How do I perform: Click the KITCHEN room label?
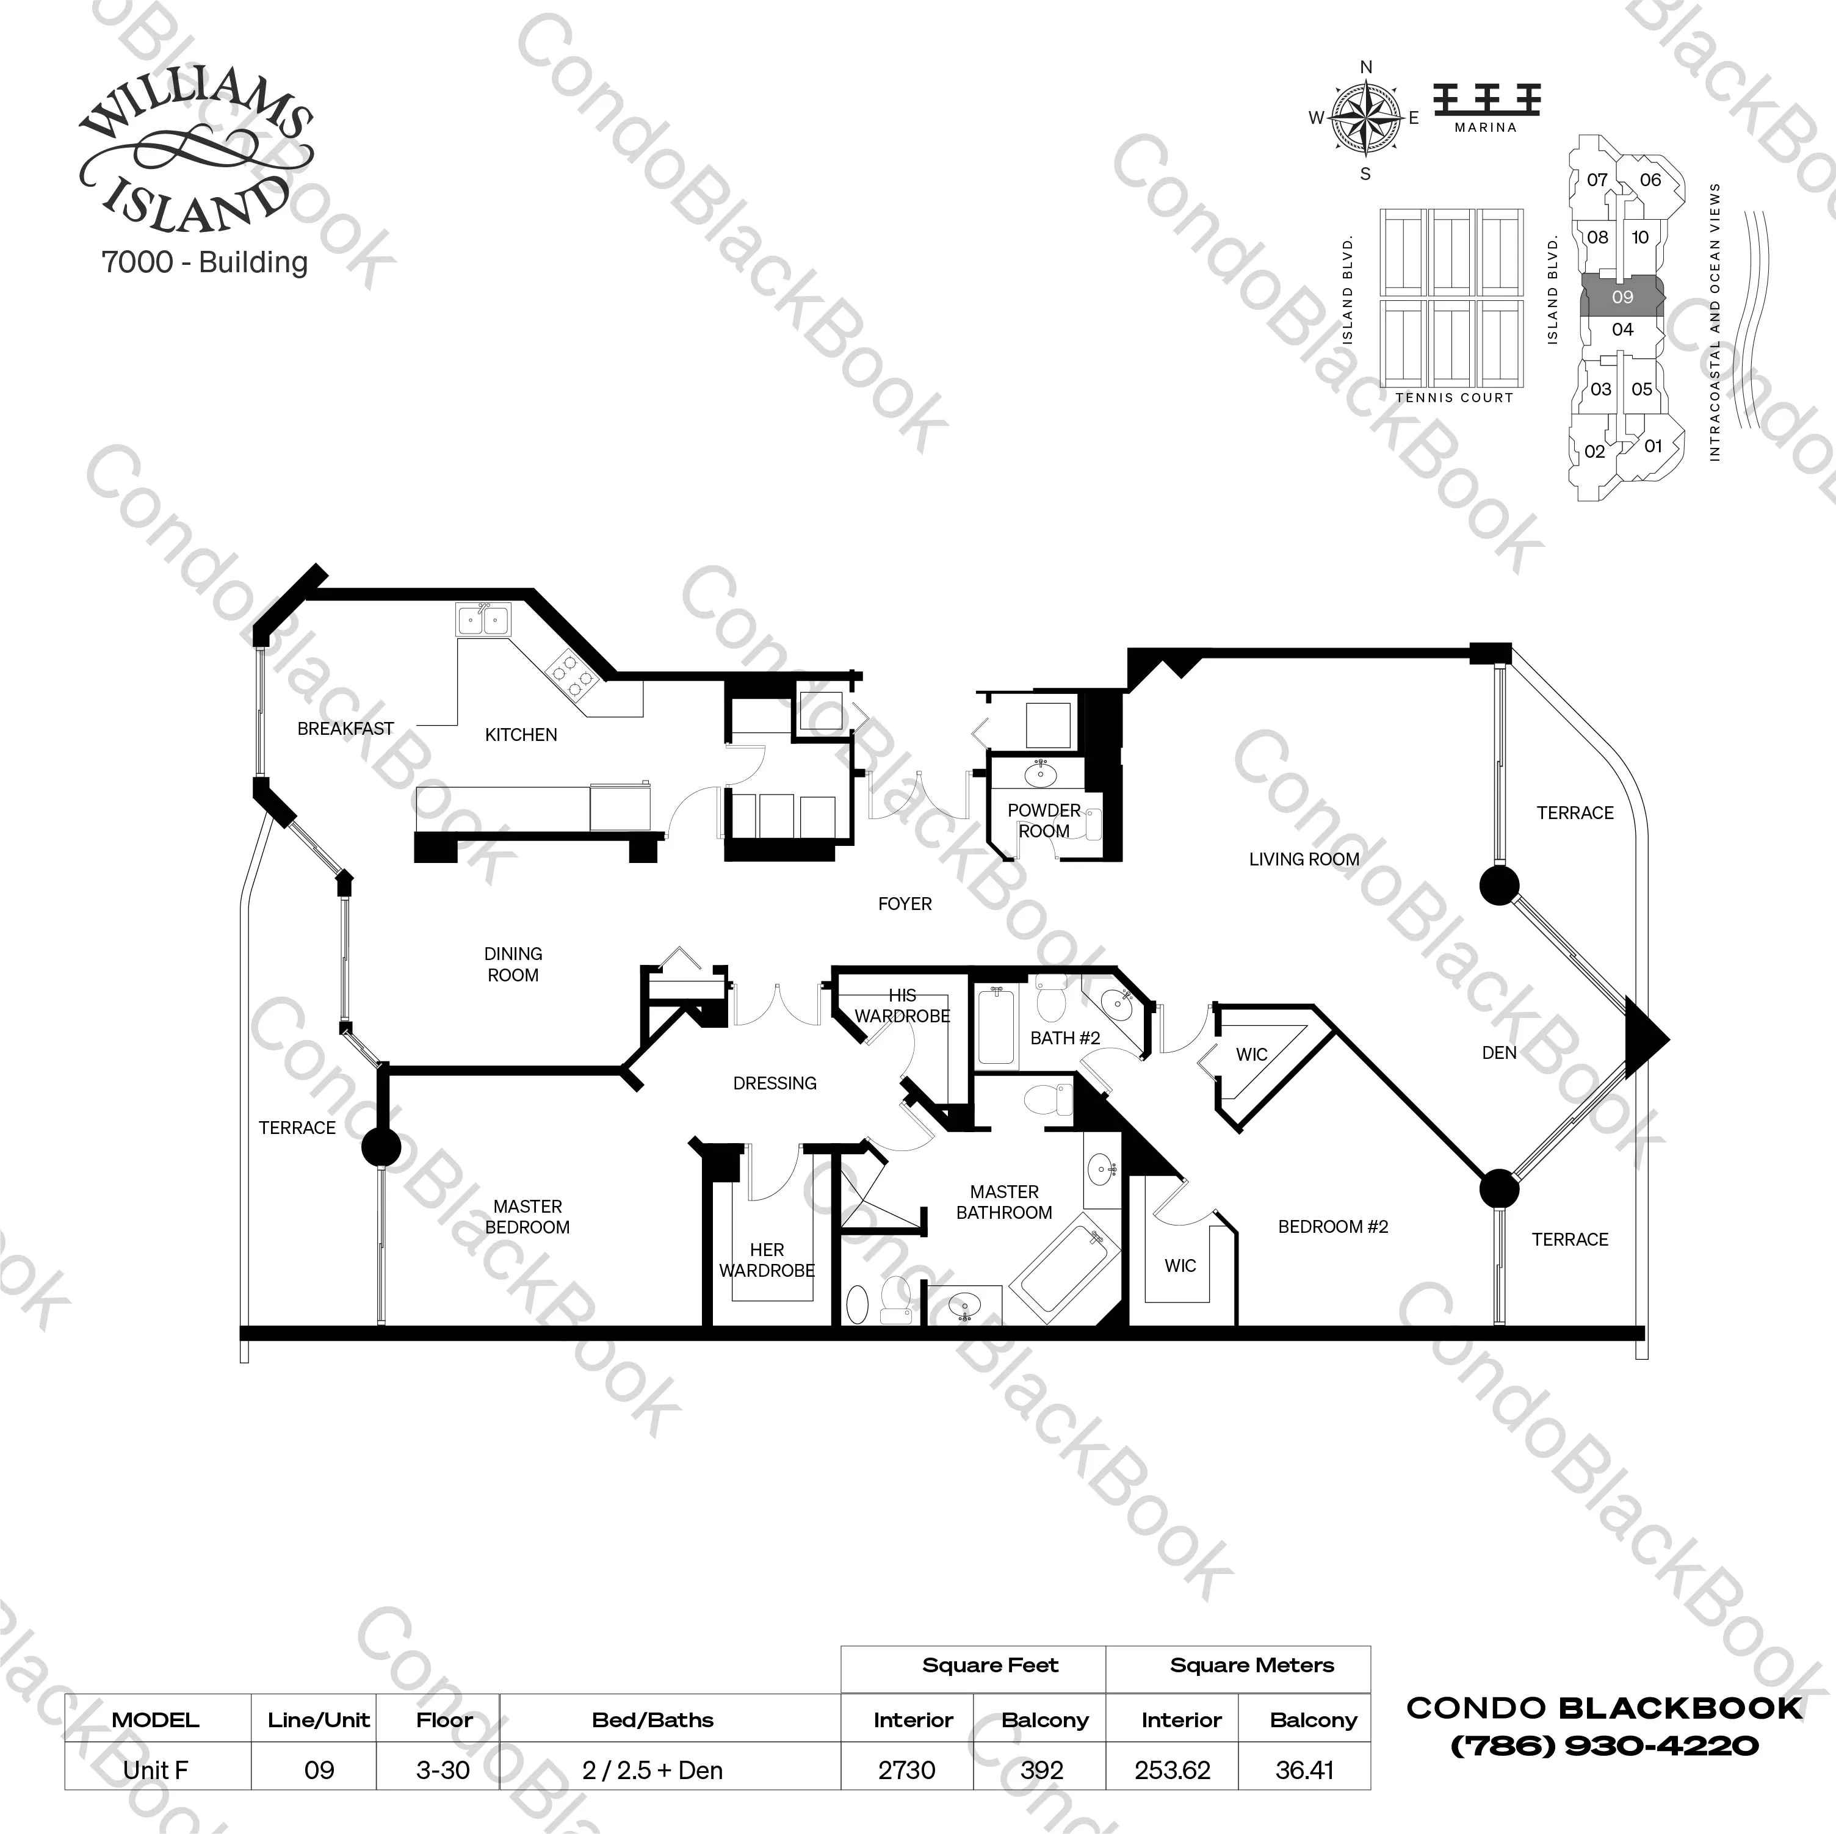(x=521, y=735)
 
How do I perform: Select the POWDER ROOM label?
(x=1044, y=821)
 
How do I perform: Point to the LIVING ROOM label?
(x=1304, y=859)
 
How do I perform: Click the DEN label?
(x=1498, y=1053)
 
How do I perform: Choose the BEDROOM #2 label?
(x=1332, y=1227)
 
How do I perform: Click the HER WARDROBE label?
(x=767, y=1260)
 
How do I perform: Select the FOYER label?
(x=905, y=904)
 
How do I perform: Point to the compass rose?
(x=1365, y=119)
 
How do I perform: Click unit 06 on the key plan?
(x=1650, y=179)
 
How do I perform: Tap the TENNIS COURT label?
(x=1454, y=398)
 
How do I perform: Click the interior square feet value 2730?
(x=906, y=1771)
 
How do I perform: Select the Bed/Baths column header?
(x=653, y=1720)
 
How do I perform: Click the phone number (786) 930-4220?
(x=1604, y=1746)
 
